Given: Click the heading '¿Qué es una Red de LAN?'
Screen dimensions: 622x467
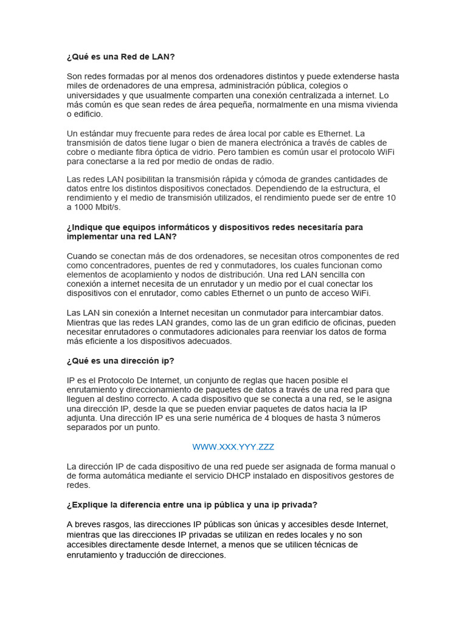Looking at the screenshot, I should [x=120, y=57].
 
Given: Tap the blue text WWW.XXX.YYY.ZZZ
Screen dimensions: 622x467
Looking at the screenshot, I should [x=233, y=447].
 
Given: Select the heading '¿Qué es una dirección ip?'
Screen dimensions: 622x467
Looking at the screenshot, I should [x=120, y=361].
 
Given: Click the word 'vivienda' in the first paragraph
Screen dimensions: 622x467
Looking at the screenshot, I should [x=381, y=104].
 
